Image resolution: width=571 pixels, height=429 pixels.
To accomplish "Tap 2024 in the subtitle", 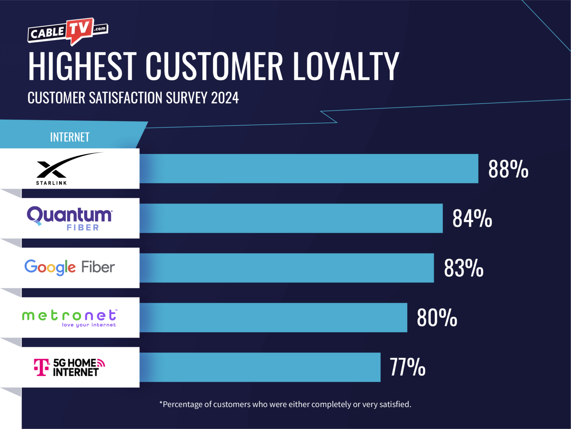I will (x=225, y=98).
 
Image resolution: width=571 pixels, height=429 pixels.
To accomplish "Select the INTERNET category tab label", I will (x=70, y=137).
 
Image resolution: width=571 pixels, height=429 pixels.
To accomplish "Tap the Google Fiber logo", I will (x=70, y=267).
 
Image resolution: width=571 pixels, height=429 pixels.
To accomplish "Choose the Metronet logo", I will (x=69, y=318).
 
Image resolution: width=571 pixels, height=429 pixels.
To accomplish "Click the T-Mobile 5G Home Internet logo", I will (x=69, y=367).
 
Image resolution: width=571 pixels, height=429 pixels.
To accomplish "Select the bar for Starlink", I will (x=309, y=168).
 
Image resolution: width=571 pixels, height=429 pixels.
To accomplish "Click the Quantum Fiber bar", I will (x=291, y=218).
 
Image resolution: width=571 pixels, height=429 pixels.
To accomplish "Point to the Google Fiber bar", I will (x=287, y=268).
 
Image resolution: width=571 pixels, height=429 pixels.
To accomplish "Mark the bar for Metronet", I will (x=273, y=318).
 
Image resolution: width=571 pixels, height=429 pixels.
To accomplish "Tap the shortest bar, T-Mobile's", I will (x=260, y=367).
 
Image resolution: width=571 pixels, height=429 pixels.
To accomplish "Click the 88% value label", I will (x=508, y=169).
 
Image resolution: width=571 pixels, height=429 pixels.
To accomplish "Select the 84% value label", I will (x=472, y=219).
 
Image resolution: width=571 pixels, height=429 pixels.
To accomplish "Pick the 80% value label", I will (x=437, y=318).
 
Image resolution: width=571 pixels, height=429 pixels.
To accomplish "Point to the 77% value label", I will (x=408, y=367).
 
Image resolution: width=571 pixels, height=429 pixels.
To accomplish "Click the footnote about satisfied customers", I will (x=285, y=404).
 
